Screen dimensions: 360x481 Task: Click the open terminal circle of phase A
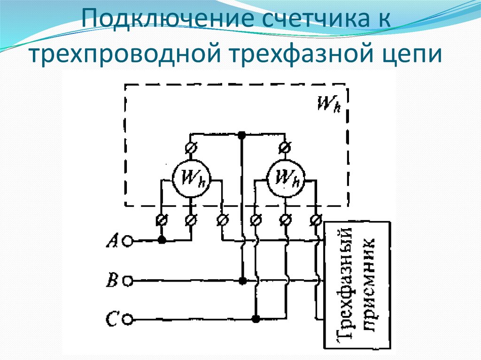[x=127, y=241]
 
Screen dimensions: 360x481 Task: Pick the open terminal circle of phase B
[x=127, y=281]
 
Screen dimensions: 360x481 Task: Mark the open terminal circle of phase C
[x=127, y=320]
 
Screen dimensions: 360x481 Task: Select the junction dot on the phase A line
[x=162, y=241]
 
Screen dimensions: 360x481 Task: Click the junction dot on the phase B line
[x=242, y=281]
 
